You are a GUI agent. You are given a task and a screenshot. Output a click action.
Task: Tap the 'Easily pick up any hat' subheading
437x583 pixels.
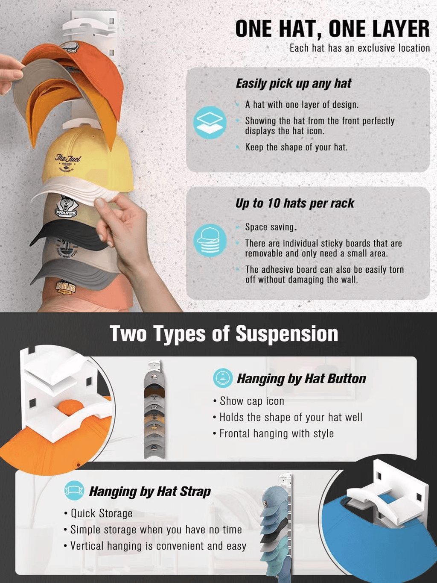pos(293,83)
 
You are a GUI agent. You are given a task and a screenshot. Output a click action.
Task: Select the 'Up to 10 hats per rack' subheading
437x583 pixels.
pos(294,203)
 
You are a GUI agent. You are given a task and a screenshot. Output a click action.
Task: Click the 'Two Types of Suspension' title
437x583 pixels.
pos(224,333)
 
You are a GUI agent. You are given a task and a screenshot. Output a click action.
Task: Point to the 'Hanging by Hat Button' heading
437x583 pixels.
pos(301,379)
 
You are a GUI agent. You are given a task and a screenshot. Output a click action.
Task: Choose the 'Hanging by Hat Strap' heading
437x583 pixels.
pos(150,492)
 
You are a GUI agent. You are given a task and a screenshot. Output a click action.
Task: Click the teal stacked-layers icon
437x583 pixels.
pos(210,123)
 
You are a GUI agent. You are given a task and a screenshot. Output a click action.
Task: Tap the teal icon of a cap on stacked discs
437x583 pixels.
pos(210,240)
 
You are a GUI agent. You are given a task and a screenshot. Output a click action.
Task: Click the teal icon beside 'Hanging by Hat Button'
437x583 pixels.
pos(223,378)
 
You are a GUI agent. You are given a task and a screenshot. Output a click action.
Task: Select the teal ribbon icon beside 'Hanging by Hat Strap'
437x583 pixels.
pos(74,491)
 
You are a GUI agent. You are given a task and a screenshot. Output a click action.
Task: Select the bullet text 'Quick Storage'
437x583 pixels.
pos(101,513)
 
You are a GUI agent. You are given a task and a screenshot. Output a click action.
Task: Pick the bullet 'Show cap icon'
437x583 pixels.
pos(252,401)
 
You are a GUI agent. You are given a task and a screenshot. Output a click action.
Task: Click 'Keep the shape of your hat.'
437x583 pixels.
pos(296,147)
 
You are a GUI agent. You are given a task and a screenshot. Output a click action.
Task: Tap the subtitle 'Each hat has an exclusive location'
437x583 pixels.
pos(360,48)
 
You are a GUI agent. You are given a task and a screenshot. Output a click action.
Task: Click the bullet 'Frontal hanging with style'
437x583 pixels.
pos(277,434)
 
